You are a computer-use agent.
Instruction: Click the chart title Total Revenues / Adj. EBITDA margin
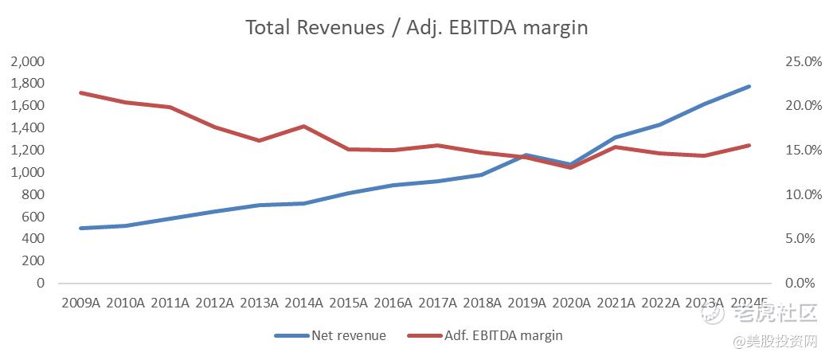click(x=416, y=28)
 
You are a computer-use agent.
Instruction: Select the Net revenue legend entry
click(x=349, y=336)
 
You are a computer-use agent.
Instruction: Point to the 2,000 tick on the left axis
click(x=29, y=61)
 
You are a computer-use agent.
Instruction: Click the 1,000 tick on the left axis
click(x=29, y=172)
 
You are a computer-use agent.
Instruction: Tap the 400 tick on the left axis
click(x=34, y=239)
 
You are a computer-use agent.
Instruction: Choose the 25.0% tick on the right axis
click(x=802, y=61)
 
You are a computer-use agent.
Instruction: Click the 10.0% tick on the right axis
click(x=802, y=194)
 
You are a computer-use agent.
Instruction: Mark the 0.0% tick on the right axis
click(x=805, y=283)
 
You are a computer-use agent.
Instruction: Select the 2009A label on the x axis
click(x=80, y=303)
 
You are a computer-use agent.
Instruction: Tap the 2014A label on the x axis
click(x=303, y=303)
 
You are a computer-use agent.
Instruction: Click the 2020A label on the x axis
click(x=571, y=303)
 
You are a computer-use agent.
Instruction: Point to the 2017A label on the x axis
click(x=437, y=303)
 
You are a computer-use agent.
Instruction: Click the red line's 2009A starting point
click(x=81, y=92)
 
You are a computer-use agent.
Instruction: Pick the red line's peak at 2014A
click(x=303, y=126)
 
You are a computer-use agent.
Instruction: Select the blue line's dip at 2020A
click(x=571, y=165)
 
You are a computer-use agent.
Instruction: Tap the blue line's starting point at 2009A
click(x=81, y=228)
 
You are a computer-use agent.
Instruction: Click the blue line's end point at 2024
click(x=749, y=86)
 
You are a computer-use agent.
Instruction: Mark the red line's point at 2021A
click(x=616, y=147)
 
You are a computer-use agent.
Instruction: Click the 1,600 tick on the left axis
click(x=29, y=106)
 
